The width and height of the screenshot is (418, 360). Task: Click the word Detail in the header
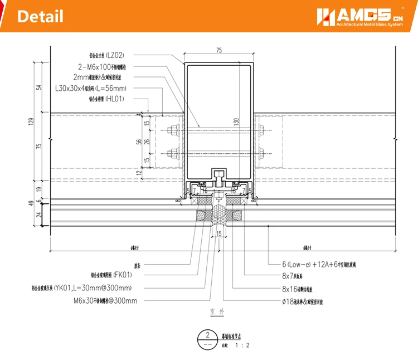[40, 17]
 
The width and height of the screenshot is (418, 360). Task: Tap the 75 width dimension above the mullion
[218, 51]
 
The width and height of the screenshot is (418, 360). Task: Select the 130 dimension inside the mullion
[236, 121]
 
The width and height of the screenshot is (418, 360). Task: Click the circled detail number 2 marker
[207, 336]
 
